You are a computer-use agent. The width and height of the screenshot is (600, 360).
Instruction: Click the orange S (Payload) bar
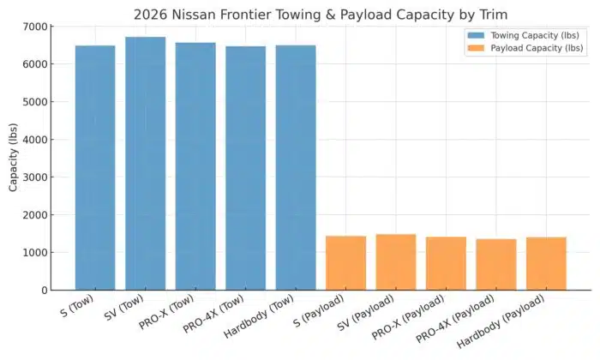pyautogui.click(x=345, y=262)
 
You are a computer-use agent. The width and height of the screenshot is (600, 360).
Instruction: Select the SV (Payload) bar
pyautogui.click(x=396, y=261)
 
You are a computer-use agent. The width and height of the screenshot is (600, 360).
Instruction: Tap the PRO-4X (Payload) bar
pyautogui.click(x=496, y=264)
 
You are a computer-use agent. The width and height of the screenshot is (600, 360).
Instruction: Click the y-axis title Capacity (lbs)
pyautogui.click(x=13, y=158)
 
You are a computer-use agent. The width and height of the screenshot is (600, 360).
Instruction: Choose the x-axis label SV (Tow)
pyautogui.click(x=130, y=308)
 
